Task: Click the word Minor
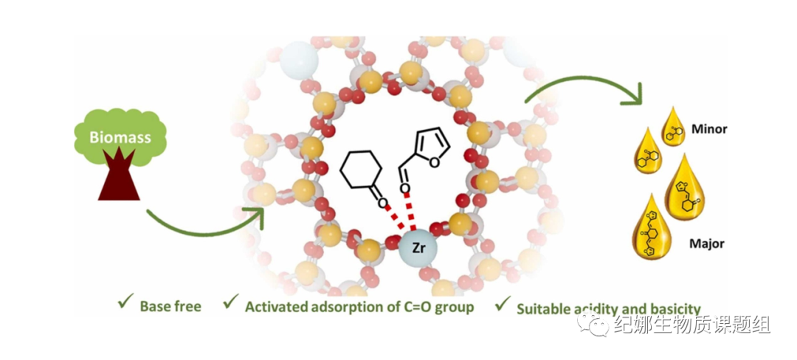[x=709, y=129]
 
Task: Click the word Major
[x=706, y=243]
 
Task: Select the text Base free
[x=170, y=305]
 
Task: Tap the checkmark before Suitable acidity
[x=503, y=304]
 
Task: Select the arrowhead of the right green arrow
[x=634, y=95]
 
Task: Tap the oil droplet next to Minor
[x=672, y=126]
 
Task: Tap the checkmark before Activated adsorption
[x=232, y=302]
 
